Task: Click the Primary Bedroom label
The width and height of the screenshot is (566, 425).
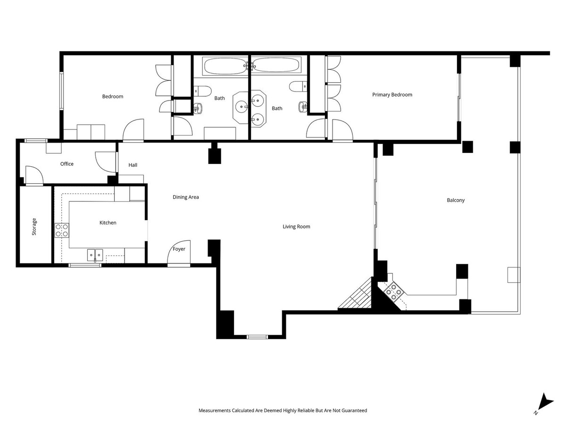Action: click(x=392, y=95)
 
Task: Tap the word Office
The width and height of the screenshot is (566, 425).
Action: click(x=67, y=164)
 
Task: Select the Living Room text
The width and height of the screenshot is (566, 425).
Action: click(x=296, y=227)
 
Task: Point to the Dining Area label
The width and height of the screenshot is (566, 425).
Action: click(x=185, y=197)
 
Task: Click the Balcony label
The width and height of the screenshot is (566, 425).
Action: click(x=456, y=200)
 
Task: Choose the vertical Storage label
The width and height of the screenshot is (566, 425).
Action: click(x=34, y=227)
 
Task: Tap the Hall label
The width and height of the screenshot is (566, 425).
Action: click(x=133, y=165)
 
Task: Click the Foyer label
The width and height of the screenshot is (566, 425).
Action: click(x=179, y=249)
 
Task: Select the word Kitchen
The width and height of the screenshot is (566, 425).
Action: click(x=108, y=222)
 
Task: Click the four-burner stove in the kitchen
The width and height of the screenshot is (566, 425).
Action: click(x=62, y=230)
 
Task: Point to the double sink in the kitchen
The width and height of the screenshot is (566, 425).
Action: click(x=95, y=255)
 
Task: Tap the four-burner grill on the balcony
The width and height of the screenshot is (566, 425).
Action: click(x=393, y=292)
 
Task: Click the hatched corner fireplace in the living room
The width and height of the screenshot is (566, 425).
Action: click(x=359, y=297)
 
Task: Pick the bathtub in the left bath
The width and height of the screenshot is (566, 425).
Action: click(x=224, y=66)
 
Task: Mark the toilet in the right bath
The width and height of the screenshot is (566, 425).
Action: click(x=298, y=86)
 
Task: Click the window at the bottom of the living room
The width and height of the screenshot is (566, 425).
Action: click(x=257, y=337)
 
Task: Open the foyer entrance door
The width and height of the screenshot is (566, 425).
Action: click(x=179, y=255)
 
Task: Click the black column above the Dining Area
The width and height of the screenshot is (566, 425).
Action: click(x=215, y=156)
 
